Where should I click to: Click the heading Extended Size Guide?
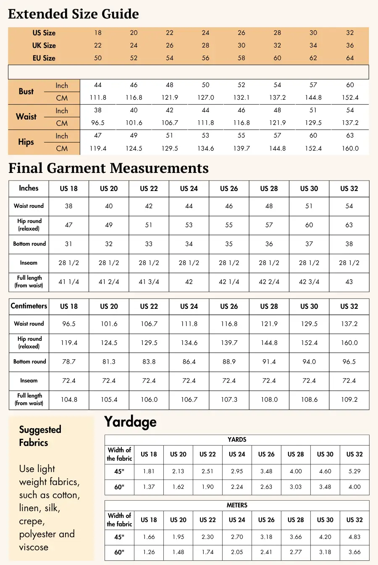coord(73,14)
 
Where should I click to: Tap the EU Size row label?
coord(44,58)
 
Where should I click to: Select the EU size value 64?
coord(350,58)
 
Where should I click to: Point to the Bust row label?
coord(26,91)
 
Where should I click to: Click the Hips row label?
coord(26,142)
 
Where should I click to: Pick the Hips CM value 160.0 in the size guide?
coord(350,149)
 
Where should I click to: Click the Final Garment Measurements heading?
coord(108,168)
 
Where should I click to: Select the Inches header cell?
coord(29,188)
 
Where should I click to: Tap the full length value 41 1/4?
coord(69,282)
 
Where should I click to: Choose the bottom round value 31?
coord(69,244)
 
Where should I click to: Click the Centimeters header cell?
coord(29,306)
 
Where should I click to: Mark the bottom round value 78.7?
coord(69,362)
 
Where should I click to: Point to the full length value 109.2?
coord(349,400)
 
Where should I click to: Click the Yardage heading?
coord(130,422)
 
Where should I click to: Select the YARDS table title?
coord(237,440)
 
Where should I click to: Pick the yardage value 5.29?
coord(354,471)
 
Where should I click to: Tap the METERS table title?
coord(237,505)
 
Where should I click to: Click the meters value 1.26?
coord(149,552)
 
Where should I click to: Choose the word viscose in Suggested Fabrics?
coord(34,547)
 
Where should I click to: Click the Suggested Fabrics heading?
coord(40,436)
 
